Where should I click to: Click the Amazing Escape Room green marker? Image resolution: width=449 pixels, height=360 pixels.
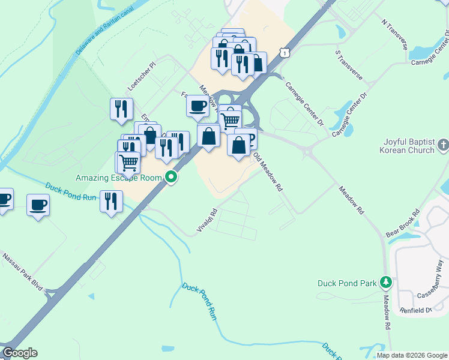(x=172, y=177)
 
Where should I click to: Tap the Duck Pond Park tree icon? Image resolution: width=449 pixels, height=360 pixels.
(x=387, y=283)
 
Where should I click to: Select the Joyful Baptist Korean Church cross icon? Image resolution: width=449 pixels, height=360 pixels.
(x=443, y=145)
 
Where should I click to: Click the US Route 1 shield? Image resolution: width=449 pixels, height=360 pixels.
(x=285, y=53)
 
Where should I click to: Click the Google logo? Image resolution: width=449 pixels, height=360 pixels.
(x=19, y=353)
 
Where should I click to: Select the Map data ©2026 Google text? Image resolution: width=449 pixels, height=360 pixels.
(x=411, y=355)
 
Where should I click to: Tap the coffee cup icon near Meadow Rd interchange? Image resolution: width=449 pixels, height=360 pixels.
(x=197, y=107)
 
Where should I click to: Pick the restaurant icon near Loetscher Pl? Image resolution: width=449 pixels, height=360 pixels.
(x=122, y=109)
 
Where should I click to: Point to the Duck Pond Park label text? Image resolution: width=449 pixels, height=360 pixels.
(x=347, y=283)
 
